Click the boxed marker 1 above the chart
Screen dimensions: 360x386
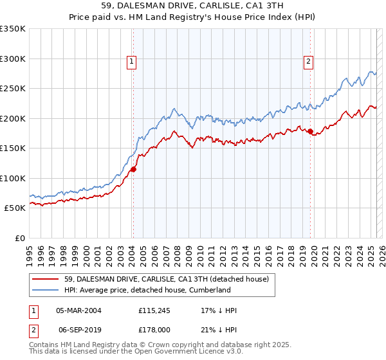(x=131, y=62)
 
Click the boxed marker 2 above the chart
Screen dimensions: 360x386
(x=309, y=62)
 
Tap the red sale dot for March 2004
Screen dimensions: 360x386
(x=133, y=170)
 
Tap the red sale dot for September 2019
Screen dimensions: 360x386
(x=311, y=132)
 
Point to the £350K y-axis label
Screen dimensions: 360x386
(x=12, y=29)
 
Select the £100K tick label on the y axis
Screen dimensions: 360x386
(x=12, y=178)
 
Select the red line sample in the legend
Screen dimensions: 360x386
(x=46, y=279)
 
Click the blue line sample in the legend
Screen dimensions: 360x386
(x=46, y=291)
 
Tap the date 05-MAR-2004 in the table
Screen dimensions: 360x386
(x=78, y=310)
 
